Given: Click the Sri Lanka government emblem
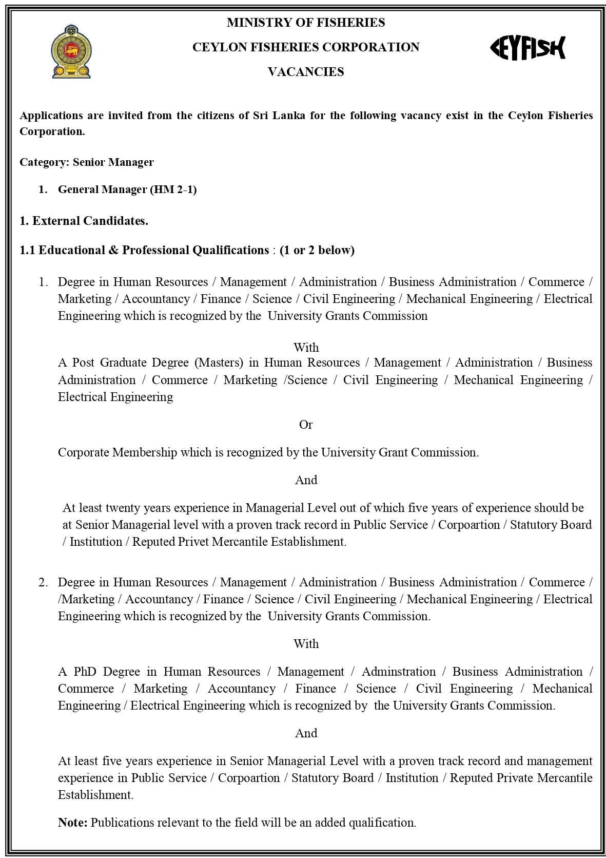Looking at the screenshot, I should (x=71, y=52).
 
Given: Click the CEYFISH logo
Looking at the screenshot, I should (x=528, y=48).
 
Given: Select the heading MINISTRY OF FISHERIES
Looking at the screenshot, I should (x=306, y=23).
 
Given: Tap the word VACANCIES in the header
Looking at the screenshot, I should (x=306, y=72).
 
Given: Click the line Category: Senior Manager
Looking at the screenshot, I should (x=87, y=162).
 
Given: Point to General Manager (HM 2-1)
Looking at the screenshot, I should (x=127, y=189).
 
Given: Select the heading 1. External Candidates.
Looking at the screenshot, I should (x=84, y=221).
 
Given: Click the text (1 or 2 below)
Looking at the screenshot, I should (x=317, y=250).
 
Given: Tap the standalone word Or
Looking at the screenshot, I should (x=306, y=425).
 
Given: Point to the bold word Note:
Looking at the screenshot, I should (x=73, y=823).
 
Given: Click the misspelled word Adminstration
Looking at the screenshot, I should (x=398, y=672).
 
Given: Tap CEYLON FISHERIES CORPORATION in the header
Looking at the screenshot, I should (x=306, y=47).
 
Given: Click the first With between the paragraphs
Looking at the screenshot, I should (x=306, y=348).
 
